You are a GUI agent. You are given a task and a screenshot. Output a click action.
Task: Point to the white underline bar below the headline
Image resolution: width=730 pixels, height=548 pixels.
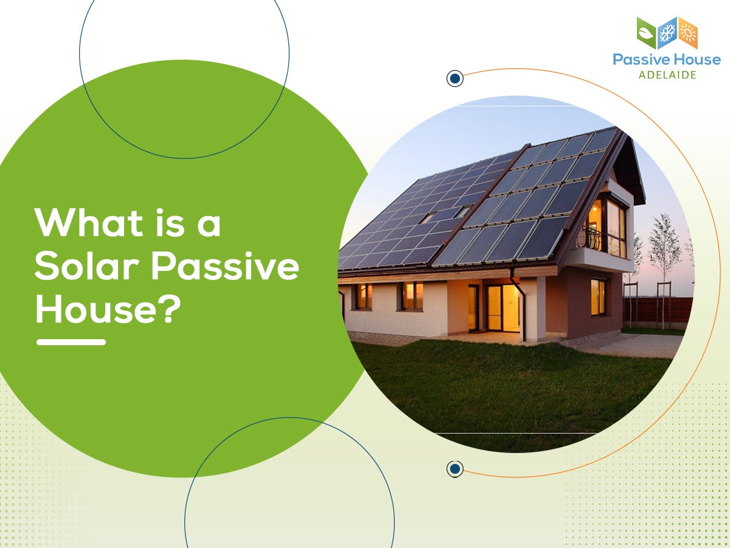(71, 342)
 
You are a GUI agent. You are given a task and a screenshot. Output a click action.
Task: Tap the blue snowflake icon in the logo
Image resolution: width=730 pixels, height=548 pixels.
(667, 33)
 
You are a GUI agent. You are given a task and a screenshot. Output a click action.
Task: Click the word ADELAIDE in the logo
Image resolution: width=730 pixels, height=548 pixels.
(667, 75)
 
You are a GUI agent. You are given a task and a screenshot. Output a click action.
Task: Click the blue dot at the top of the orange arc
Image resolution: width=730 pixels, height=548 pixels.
(454, 78)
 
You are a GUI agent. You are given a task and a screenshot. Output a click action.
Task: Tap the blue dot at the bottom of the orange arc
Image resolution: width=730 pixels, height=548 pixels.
(454, 468)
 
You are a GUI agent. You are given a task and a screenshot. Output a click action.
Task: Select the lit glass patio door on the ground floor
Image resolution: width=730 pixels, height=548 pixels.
(502, 307)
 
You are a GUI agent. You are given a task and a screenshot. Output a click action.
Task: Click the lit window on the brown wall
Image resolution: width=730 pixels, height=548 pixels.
(598, 297)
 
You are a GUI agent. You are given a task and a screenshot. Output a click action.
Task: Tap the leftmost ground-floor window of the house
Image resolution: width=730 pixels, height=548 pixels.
(363, 297)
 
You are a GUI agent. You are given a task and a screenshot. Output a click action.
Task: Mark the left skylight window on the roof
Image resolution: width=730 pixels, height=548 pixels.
(428, 217)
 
